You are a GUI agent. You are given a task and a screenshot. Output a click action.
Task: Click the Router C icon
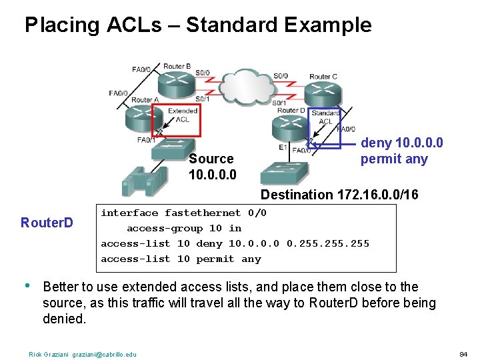point(324,91)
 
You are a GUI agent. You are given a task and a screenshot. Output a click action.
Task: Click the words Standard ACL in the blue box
point(325,117)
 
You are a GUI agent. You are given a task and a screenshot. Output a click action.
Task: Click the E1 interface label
point(284,147)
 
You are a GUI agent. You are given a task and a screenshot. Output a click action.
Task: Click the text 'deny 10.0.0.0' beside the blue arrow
point(402,143)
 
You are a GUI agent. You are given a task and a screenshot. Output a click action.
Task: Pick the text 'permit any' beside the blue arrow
point(394,159)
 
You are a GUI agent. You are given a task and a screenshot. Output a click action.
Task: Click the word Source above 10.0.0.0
point(211,159)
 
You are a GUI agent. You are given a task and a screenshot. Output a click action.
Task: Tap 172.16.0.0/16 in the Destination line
point(386,195)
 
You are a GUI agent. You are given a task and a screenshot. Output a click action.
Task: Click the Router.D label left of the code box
point(47,222)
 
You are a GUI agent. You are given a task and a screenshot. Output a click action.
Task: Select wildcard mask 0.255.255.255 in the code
point(327,243)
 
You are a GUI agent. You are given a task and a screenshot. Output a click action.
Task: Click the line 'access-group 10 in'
point(184,228)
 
